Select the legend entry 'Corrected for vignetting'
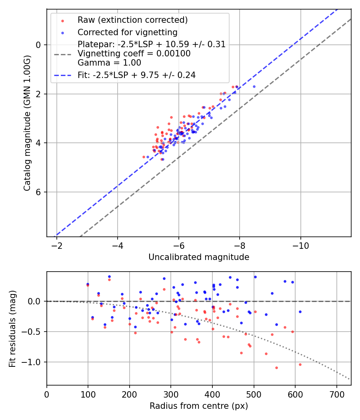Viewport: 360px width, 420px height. tap(127, 32)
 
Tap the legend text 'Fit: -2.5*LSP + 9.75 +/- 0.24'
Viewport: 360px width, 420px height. tap(136, 75)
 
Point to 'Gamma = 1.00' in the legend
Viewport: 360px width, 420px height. tap(109, 62)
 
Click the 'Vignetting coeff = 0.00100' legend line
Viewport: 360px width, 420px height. tap(134, 54)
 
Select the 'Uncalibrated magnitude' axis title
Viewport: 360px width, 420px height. tap(199, 257)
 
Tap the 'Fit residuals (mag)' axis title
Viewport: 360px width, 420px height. tap(12, 328)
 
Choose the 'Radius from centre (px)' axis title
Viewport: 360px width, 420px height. tap(199, 406)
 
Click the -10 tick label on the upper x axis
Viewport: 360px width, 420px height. tap(300, 246)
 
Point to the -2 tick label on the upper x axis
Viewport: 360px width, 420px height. tap(57, 246)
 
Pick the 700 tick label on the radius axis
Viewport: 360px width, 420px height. tap(336, 394)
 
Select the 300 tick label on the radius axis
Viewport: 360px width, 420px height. tap(171, 394)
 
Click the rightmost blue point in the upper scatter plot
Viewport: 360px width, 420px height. tap(254, 86)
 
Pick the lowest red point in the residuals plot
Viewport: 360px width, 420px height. tap(276, 368)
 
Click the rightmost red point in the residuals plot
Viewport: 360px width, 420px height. tap(300, 364)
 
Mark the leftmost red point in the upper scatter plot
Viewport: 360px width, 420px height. tap(144, 157)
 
